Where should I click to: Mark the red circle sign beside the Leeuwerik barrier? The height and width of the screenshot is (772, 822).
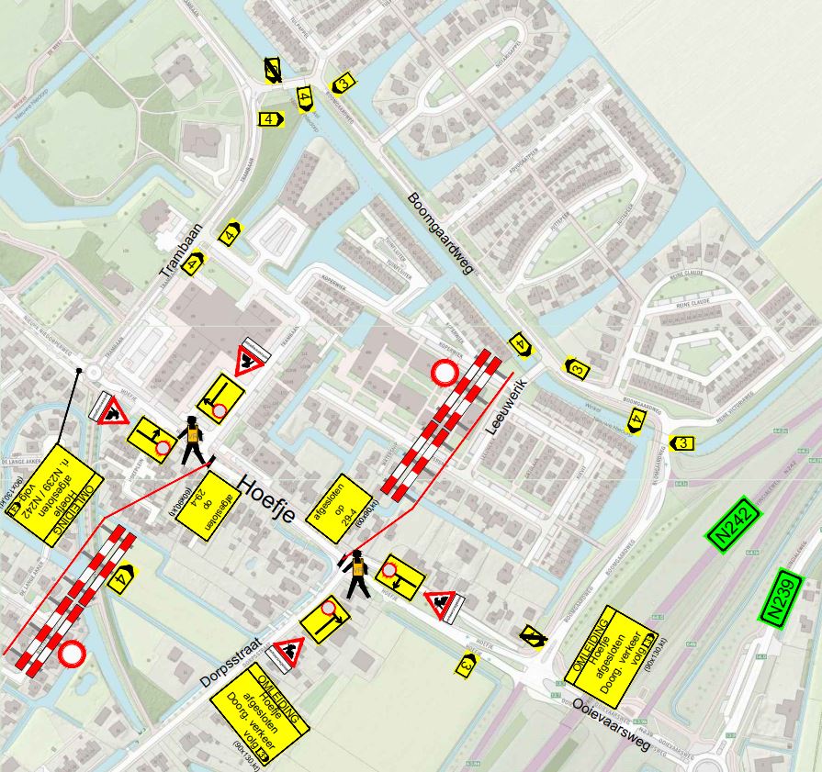[445, 373]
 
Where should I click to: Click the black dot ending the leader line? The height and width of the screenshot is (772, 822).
[80, 371]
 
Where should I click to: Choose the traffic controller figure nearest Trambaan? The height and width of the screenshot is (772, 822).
[193, 440]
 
